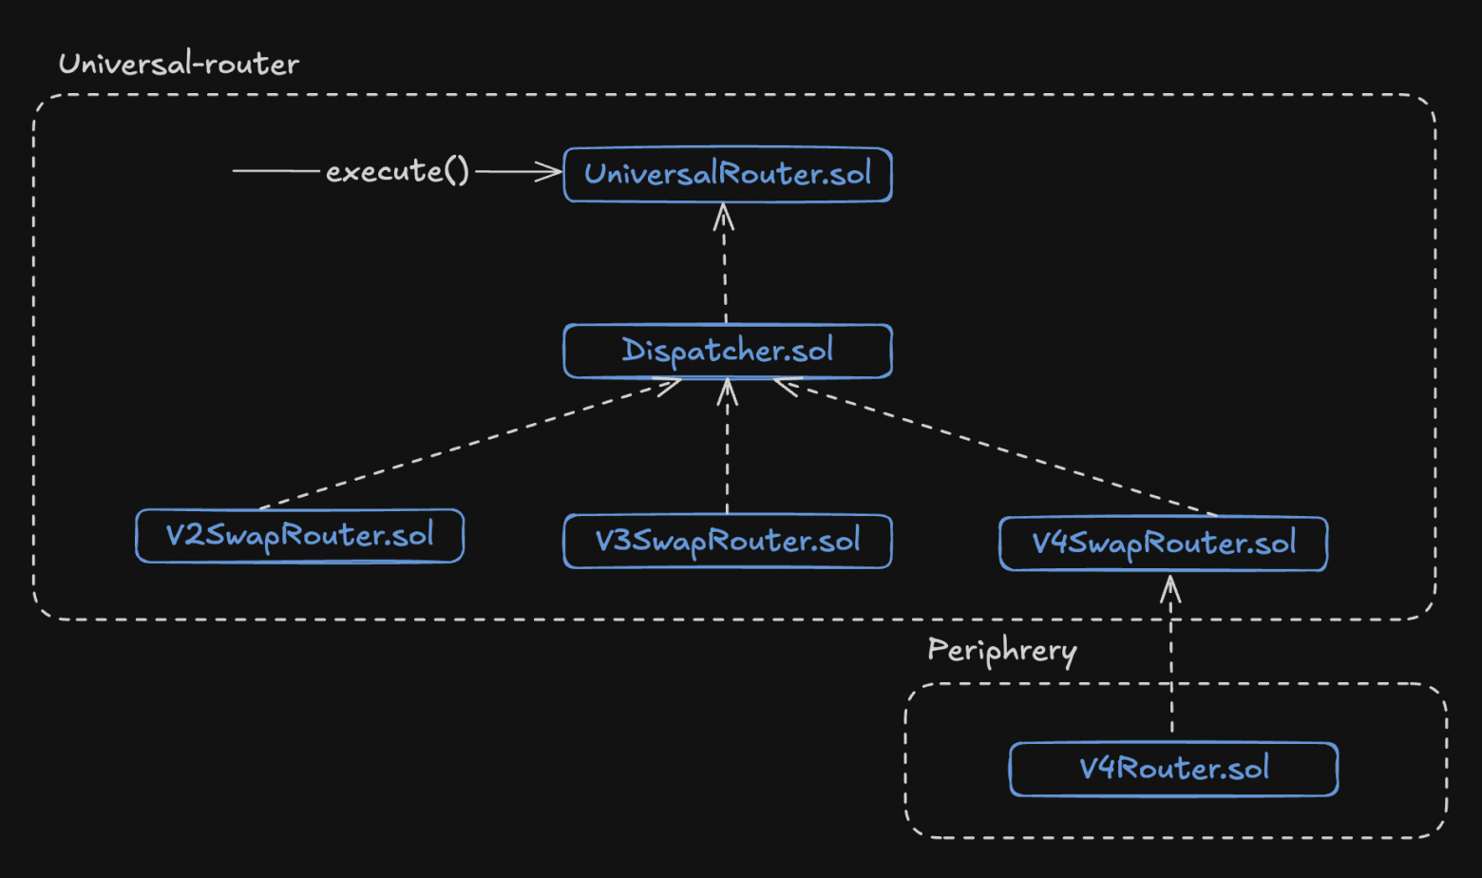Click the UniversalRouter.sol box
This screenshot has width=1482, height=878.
[x=727, y=175]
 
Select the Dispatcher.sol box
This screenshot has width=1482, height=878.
[x=727, y=351]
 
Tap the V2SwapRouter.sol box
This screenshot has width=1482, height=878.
[x=299, y=536]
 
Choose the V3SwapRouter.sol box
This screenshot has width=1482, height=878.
[x=727, y=542]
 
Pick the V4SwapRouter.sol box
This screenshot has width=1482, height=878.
[x=1163, y=544]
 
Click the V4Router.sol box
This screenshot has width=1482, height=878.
[x=1173, y=769]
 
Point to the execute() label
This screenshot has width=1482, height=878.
[x=397, y=172]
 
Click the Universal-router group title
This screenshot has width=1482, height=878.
[x=179, y=65]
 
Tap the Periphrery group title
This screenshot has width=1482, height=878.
[x=1001, y=651]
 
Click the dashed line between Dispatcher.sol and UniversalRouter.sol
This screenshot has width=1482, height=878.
[x=725, y=276]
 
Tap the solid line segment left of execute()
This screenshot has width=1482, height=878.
[x=275, y=171]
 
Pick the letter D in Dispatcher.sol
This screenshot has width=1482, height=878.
[x=633, y=350]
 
